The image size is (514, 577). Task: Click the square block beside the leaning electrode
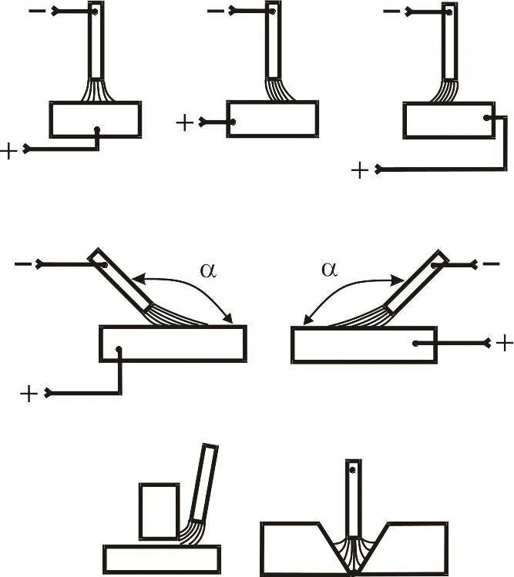click(159, 512)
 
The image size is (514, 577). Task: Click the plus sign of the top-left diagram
click(9, 151)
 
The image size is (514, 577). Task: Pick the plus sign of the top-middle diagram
click(185, 122)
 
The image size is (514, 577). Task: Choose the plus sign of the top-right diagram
click(360, 170)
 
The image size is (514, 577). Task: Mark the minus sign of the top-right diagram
click(391, 12)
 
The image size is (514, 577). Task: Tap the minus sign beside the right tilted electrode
click(491, 264)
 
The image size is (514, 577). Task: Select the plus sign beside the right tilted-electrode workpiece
click(504, 342)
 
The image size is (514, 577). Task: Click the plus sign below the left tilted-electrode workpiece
click(29, 394)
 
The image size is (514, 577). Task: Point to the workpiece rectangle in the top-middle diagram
click(272, 119)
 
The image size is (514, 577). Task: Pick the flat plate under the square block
click(162, 559)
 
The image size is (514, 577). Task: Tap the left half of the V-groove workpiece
click(297, 548)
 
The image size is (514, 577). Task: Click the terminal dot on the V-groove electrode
click(353, 469)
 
